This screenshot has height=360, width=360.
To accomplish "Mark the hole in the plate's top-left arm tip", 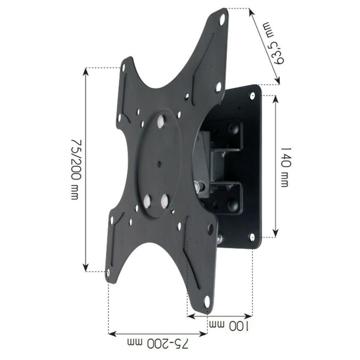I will click(x=124, y=67).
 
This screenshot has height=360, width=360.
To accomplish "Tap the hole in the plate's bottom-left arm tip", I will click(x=109, y=274).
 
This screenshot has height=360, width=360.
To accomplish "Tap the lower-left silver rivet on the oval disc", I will click(x=147, y=200).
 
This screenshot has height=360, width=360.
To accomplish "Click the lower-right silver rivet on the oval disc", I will click(x=165, y=197).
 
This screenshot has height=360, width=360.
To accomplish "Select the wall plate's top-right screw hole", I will click(x=253, y=96).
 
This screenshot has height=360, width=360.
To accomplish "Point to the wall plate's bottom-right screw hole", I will click(x=252, y=237).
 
